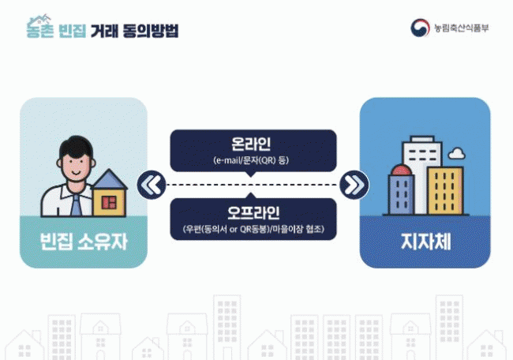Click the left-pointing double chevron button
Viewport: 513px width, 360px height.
[152, 185]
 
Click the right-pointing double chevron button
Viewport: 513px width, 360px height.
[354, 185]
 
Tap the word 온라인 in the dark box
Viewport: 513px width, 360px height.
[251, 144]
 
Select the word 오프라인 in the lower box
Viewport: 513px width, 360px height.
[253, 212]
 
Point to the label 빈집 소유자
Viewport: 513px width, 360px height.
[84, 242]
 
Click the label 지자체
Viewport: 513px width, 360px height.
[426, 242]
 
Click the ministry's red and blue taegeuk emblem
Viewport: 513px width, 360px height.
[420, 28]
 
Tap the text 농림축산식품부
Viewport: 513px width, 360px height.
[462, 28]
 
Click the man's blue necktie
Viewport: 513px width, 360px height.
[77, 205]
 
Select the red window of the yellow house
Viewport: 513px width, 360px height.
[109, 203]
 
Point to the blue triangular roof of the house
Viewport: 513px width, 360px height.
[110, 179]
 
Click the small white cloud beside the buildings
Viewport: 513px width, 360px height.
[457, 153]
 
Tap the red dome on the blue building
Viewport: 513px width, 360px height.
[401, 171]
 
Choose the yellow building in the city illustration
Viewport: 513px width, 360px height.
[445, 190]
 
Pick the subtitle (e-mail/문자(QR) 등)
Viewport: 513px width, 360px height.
[251, 160]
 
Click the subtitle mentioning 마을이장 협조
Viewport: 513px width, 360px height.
[253, 229]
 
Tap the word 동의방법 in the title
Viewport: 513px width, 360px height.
[151, 31]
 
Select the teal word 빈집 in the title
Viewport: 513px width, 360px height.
[73, 31]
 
